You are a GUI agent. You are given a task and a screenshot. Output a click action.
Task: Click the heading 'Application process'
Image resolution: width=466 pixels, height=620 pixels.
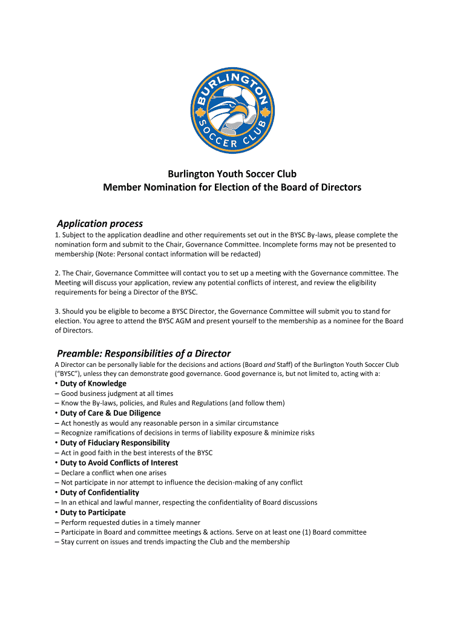tap(99, 223)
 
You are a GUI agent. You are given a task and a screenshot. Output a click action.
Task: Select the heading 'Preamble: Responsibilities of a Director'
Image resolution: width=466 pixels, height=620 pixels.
tap(143, 353)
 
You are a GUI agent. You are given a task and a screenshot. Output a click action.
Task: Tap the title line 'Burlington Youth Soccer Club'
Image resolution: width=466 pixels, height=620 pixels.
tap(232, 174)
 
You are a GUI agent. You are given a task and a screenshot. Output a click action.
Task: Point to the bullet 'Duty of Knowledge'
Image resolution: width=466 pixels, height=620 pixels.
tap(93, 383)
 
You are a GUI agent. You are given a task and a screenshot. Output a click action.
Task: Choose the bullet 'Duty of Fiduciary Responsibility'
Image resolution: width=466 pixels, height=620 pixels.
tap(114, 443)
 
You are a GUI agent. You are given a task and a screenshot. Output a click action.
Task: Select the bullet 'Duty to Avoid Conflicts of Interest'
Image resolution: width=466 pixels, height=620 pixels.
tap(119, 463)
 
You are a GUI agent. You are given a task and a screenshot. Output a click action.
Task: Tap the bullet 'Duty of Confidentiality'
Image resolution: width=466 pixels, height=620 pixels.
tap(99, 492)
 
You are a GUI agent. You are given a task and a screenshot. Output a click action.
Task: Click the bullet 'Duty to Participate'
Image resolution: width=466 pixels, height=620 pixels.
tap(93, 512)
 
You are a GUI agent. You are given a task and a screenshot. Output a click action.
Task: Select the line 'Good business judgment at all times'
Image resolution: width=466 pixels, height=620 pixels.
tap(117, 393)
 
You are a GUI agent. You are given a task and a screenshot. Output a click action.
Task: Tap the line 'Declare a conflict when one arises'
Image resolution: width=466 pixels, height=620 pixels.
tap(113, 472)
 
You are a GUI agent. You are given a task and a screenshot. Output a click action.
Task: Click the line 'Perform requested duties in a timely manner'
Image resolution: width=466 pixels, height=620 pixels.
tap(130, 522)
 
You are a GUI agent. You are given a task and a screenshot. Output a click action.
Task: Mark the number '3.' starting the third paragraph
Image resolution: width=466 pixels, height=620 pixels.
tap(57, 311)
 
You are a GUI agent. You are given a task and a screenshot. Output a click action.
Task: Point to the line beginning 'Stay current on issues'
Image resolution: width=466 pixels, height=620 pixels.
tap(175, 542)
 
